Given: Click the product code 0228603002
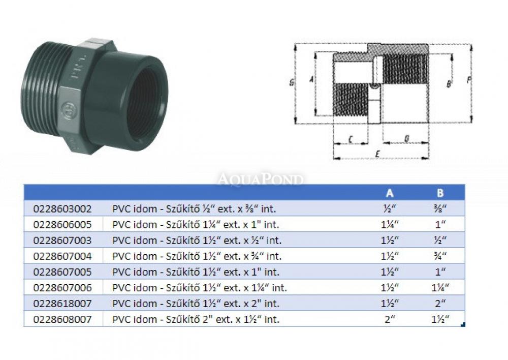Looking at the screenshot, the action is pos(62,208).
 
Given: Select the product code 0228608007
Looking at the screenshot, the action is pos(62,319).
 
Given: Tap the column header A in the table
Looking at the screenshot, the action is pos(390,193).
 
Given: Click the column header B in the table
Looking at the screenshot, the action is pos(440,193).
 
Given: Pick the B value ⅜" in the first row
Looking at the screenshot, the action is pos(440,208).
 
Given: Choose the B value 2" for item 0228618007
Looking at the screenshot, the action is pos(440,304).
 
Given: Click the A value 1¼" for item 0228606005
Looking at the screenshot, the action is pos(390,224).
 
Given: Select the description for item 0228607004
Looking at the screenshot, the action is pos(197,256).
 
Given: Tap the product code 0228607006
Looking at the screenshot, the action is pos(62,288).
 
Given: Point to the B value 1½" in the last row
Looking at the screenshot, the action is pos(440,319).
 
